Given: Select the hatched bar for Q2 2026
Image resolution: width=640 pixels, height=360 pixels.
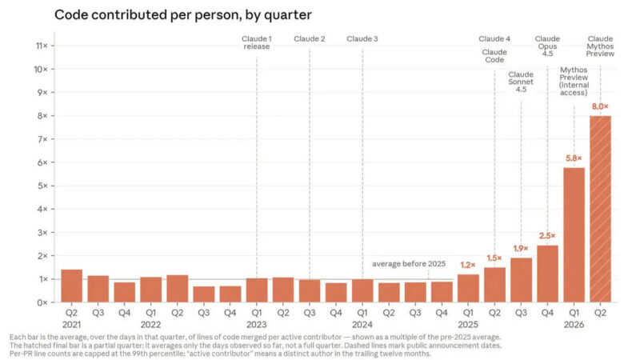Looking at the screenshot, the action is pos(600,209).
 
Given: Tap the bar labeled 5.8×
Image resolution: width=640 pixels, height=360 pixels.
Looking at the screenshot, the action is pos(574,235).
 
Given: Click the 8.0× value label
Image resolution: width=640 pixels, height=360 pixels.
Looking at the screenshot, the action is pos(600,106).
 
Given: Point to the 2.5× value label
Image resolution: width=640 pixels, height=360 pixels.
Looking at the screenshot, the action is pos(547,236).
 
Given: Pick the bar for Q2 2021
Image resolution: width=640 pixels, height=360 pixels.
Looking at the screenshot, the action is pos(71,286).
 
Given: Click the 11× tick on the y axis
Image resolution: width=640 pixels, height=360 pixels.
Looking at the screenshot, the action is pos(42,46).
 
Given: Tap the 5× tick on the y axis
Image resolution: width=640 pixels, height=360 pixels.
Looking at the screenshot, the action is pos(42,186).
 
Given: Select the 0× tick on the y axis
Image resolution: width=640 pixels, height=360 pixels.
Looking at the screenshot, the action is pos(42,302).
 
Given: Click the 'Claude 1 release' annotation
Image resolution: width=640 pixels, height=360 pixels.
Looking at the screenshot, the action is pos(256,42).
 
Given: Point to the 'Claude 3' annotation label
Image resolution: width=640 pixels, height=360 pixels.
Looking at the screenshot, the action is pos(362,38).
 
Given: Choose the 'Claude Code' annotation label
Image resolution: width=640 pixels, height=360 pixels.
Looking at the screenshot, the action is pos(494,56).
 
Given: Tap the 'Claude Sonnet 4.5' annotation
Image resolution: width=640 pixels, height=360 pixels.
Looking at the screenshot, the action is pos(521,82).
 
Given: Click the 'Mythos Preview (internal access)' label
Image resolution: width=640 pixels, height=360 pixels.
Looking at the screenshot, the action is pos(574,82).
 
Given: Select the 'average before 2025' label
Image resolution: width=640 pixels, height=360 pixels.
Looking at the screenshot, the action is pos(409,264).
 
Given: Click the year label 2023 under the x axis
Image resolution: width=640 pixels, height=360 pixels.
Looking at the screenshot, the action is pos(256,325).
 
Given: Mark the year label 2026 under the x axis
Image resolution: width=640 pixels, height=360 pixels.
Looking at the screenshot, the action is pos(574,325).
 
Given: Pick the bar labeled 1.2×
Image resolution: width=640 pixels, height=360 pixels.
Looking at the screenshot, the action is pos(468,288).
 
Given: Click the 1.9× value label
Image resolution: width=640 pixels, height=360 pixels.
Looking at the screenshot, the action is pos(521,249).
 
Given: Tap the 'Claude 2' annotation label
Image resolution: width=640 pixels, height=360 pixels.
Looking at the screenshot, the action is pos(310,38).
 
